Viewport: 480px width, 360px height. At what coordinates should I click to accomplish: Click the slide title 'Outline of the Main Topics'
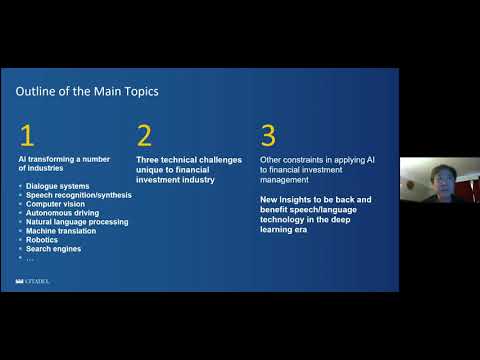pyautogui.click(x=86, y=92)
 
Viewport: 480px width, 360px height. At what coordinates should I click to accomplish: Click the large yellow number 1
pyautogui.click(x=27, y=135)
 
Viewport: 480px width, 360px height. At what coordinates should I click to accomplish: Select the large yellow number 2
pyautogui.click(x=145, y=135)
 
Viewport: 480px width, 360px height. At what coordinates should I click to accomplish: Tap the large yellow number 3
pyautogui.click(x=267, y=135)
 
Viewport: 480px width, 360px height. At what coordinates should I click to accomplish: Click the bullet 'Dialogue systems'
pyautogui.click(x=59, y=186)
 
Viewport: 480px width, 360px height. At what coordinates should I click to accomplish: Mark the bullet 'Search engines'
pyautogui.click(x=54, y=249)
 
